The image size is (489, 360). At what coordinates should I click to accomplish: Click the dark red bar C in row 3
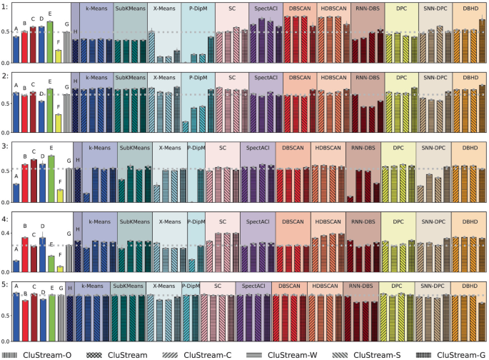point(34,180)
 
